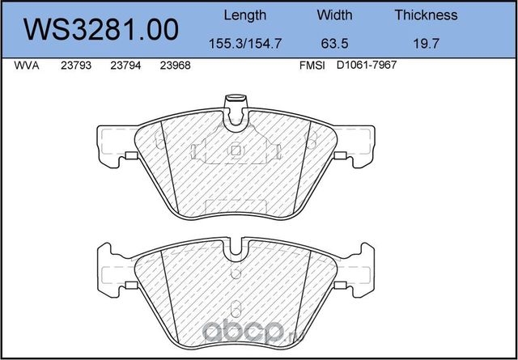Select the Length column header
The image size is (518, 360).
click(x=245, y=15)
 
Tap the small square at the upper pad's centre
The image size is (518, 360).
click(x=235, y=150)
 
